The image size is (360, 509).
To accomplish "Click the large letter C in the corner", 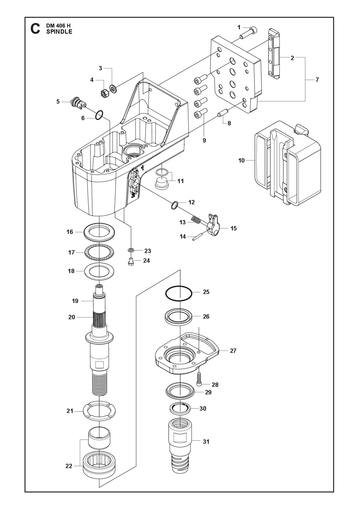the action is pyautogui.click(x=35, y=29).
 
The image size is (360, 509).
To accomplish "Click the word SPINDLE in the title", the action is pyautogui.click(x=59, y=32).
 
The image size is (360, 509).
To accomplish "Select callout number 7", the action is pyautogui.click(x=317, y=80).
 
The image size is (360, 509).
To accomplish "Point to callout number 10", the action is pyautogui.click(x=242, y=160).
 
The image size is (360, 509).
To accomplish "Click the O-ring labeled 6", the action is pyautogui.click(x=99, y=115).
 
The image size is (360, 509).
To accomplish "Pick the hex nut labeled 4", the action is pyautogui.click(x=104, y=93).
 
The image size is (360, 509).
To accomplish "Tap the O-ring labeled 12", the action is pyautogui.click(x=174, y=205).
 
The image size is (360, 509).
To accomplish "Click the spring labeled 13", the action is pyautogui.click(x=196, y=220).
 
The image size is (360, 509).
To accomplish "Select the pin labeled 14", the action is pyautogui.click(x=200, y=235).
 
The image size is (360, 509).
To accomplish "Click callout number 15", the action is pyautogui.click(x=234, y=228).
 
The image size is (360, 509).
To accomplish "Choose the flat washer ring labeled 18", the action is pyautogui.click(x=100, y=271).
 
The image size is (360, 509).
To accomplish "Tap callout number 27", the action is pyautogui.click(x=233, y=351).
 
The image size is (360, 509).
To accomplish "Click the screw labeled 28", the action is pyautogui.click(x=199, y=379).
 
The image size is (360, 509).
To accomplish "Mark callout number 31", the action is pyautogui.click(x=206, y=442).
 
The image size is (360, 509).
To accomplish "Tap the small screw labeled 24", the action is pyautogui.click(x=131, y=263).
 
